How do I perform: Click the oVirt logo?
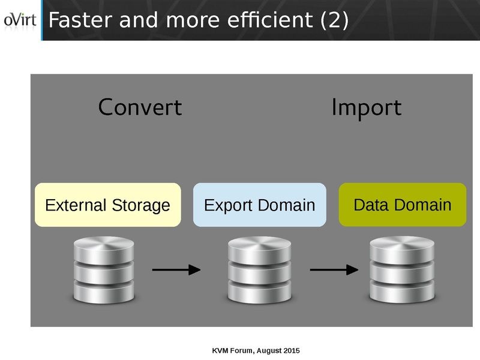20,20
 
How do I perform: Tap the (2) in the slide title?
335,20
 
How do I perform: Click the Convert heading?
140,107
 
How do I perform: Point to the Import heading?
366,108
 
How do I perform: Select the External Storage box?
108,205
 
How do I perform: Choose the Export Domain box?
259,205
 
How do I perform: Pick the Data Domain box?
403,205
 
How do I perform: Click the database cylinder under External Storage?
104,270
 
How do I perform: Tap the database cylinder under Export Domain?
260,270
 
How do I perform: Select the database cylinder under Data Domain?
401,270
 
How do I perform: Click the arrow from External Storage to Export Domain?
176,270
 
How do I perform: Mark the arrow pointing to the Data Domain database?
334,270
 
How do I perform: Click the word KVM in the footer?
221,350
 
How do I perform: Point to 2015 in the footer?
291,350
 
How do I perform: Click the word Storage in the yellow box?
141,206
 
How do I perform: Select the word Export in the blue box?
226,206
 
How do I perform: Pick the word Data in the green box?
367,205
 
